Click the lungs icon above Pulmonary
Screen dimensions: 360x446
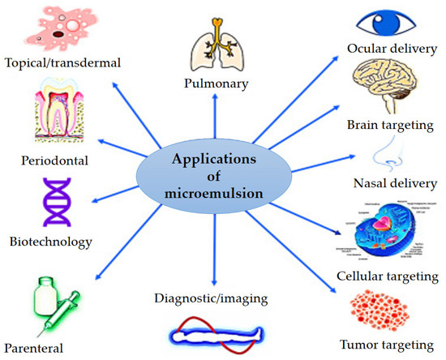click(215, 45)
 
